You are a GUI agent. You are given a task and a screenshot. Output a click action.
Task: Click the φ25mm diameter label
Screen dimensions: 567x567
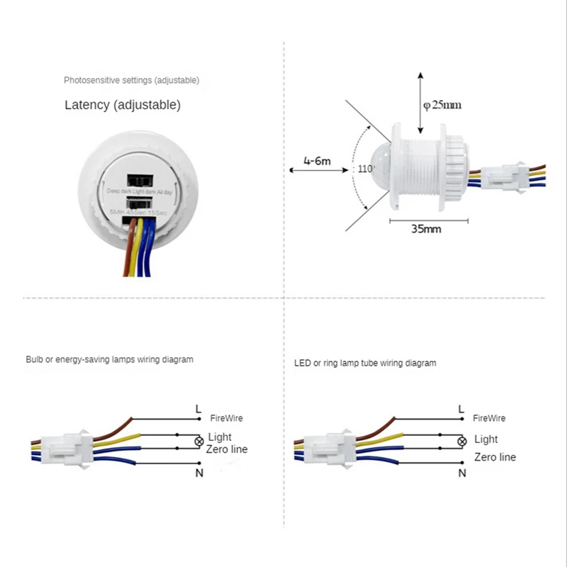(x=442, y=105)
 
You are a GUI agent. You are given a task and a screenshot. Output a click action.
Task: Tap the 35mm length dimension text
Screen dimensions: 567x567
(x=426, y=229)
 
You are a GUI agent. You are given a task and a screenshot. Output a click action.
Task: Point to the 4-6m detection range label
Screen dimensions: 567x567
(x=317, y=161)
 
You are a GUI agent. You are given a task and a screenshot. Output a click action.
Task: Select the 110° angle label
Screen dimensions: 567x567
(x=366, y=169)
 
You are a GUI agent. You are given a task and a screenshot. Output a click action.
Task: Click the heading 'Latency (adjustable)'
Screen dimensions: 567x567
(x=123, y=105)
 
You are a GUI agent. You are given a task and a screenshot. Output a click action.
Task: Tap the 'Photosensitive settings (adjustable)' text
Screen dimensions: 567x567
(x=131, y=80)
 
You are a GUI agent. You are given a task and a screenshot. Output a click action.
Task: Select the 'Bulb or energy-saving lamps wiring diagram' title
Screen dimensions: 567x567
(x=109, y=359)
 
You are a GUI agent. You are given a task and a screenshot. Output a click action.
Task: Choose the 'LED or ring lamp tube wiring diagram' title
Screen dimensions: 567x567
(x=365, y=363)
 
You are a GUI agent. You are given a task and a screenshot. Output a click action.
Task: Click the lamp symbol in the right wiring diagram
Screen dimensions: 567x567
(x=461, y=441)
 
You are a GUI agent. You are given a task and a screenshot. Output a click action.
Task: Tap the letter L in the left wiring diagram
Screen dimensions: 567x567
(x=198, y=408)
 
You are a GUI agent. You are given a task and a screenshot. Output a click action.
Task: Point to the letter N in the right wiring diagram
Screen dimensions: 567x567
(x=461, y=473)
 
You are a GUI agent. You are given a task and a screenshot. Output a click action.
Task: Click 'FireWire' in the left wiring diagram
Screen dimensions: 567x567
(x=226, y=419)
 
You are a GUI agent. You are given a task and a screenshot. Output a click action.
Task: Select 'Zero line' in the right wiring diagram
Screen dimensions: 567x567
(x=495, y=457)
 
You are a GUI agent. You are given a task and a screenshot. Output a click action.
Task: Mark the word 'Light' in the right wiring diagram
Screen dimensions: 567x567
(x=486, y=439)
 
